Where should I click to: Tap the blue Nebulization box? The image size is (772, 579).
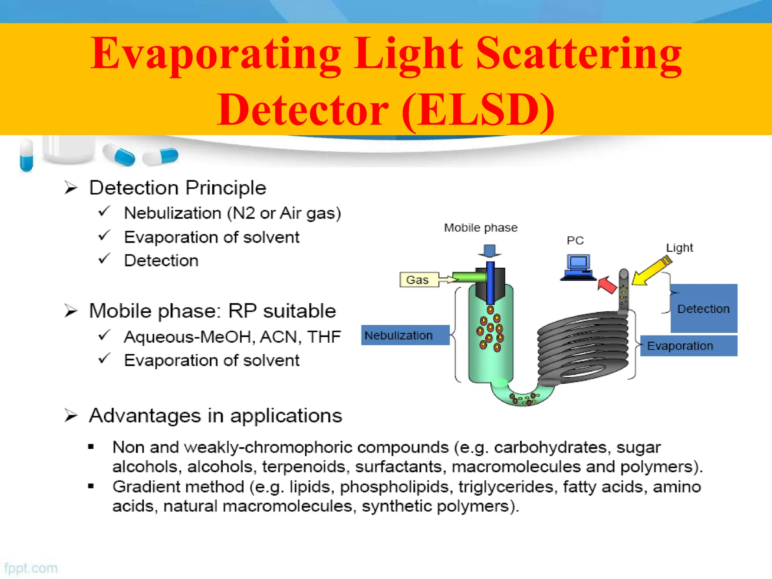tap(405, 335)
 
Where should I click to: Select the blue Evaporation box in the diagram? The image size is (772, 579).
tap(688, 346)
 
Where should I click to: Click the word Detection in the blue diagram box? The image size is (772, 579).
tap(703, 309)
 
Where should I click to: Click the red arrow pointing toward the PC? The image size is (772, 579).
tap(607, 285)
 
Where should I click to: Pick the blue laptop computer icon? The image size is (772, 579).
tap(578, 267)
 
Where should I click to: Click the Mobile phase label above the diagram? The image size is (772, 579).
tap(481, 228)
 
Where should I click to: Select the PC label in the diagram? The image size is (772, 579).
tap(575, 240)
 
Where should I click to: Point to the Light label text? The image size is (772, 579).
tap(679, 248)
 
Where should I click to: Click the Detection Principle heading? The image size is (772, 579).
tap(178, 188)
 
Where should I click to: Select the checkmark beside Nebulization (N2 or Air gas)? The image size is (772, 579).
tap(104, 211)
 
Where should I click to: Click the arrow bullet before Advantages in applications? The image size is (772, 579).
tap(70, 415)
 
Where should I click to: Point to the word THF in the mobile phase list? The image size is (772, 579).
tap(324, 337)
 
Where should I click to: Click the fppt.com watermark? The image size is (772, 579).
tap(31, 568)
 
